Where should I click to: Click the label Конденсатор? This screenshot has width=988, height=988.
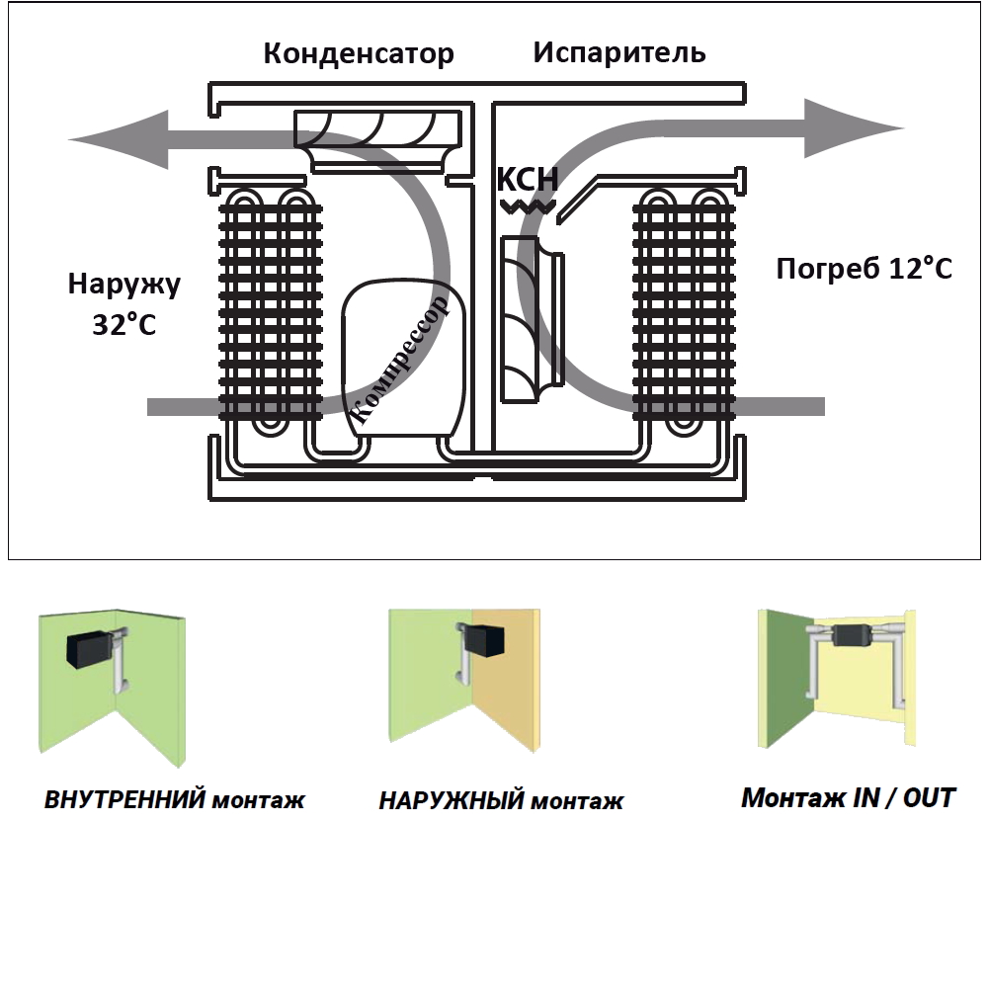pos(359,53)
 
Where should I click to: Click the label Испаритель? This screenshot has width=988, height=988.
pos(619,52)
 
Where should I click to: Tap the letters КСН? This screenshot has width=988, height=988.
pos(527,180)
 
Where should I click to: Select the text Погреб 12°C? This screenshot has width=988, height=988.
pos(864,269)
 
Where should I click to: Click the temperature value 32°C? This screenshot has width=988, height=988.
pos(124,324)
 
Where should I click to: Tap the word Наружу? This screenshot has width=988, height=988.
pos(124,285)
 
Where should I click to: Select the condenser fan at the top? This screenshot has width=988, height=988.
pos(379,133)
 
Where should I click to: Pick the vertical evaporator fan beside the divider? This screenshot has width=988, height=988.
pos(524,318)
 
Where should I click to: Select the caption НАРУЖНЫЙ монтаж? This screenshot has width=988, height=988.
pos(501,800)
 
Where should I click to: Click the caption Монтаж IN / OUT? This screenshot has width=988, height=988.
pos(848,797)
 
